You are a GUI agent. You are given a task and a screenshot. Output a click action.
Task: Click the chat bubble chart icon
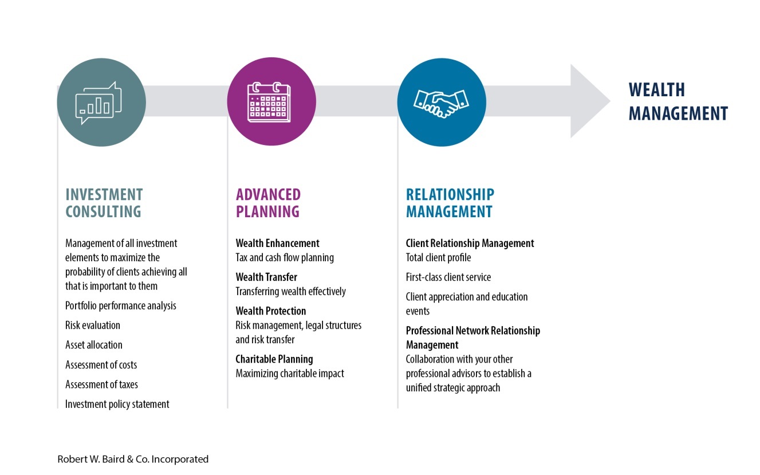[99, 103]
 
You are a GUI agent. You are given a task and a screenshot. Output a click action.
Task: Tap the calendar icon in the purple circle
[269, 102]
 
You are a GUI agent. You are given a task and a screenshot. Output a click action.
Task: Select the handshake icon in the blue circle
[441, 104]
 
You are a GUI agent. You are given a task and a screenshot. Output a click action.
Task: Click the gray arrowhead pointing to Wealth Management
[590, 101]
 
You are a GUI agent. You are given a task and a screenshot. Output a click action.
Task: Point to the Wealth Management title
[678, 101]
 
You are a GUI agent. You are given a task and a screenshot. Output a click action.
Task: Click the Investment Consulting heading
[104, 203]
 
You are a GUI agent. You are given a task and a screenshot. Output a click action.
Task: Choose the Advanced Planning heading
[268, 203]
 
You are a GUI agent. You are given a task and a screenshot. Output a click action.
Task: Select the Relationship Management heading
[450, 203]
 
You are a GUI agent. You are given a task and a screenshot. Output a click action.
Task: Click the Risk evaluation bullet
[93, 325]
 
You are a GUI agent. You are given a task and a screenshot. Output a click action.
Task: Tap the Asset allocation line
[94, 345]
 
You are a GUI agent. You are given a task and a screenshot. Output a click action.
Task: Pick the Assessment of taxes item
[101, 384]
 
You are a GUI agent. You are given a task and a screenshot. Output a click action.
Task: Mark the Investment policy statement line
[117, 404]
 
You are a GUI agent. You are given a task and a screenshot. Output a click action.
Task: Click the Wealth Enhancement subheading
[278, 243]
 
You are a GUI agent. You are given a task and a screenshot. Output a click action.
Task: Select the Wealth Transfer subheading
[266, 277]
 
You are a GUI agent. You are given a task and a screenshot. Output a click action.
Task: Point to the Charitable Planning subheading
[274, 359]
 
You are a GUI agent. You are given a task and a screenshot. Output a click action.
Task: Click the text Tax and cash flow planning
[285, 257]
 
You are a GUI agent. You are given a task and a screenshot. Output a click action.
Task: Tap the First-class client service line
[448, 277]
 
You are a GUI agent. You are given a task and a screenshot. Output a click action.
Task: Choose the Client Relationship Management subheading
[470, 243]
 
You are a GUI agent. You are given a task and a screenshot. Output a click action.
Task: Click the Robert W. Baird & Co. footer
[133, 459]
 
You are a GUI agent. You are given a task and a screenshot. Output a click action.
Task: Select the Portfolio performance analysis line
[120, 305]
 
